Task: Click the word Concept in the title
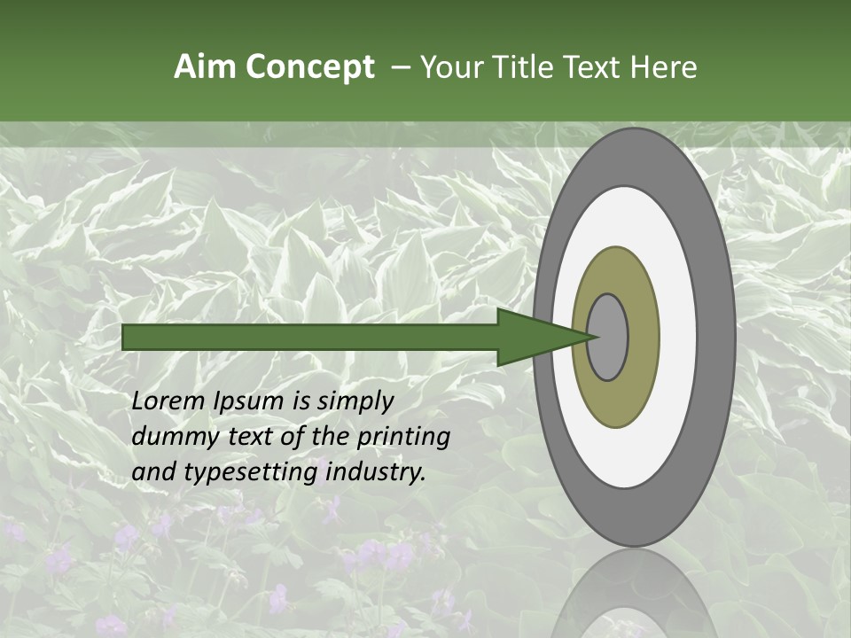tap(310, 67)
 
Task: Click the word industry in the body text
tap(376, 472)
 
